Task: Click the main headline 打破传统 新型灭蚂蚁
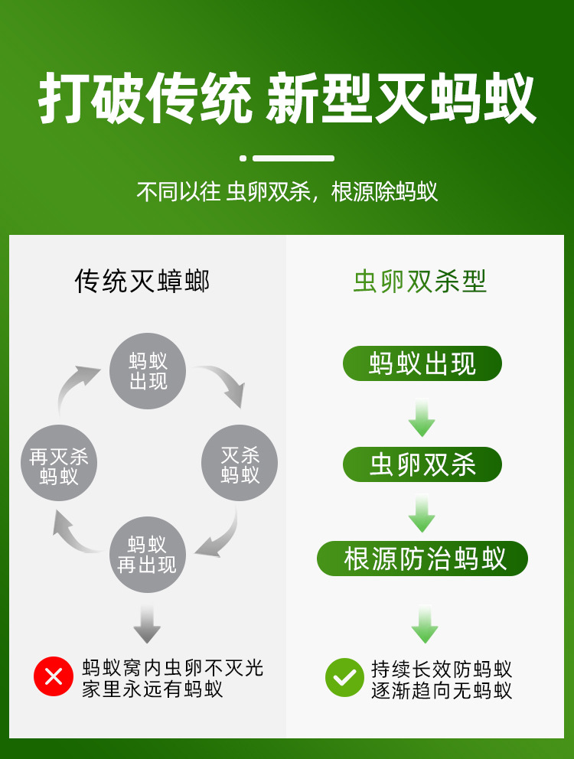[287, 99]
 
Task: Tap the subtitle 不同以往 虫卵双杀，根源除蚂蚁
[287, 191]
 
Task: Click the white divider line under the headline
[293, 158]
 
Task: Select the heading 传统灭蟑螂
[142, 282]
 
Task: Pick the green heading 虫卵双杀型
[420, 282]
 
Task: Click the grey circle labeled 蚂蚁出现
[148, 371]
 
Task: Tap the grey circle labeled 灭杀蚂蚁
[240, 463]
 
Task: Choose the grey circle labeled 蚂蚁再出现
[147, 555]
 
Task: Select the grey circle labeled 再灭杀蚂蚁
[59, 463]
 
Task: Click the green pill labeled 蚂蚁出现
[422, 363]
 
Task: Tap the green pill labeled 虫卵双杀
[422, 464]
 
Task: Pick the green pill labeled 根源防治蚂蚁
[422, 559]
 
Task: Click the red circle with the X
[53, 677]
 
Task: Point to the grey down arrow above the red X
[147, 624]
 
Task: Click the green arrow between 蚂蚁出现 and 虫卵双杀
[422, 417]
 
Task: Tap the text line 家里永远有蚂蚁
[152, 689]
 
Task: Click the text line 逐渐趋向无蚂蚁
[442, 690]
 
